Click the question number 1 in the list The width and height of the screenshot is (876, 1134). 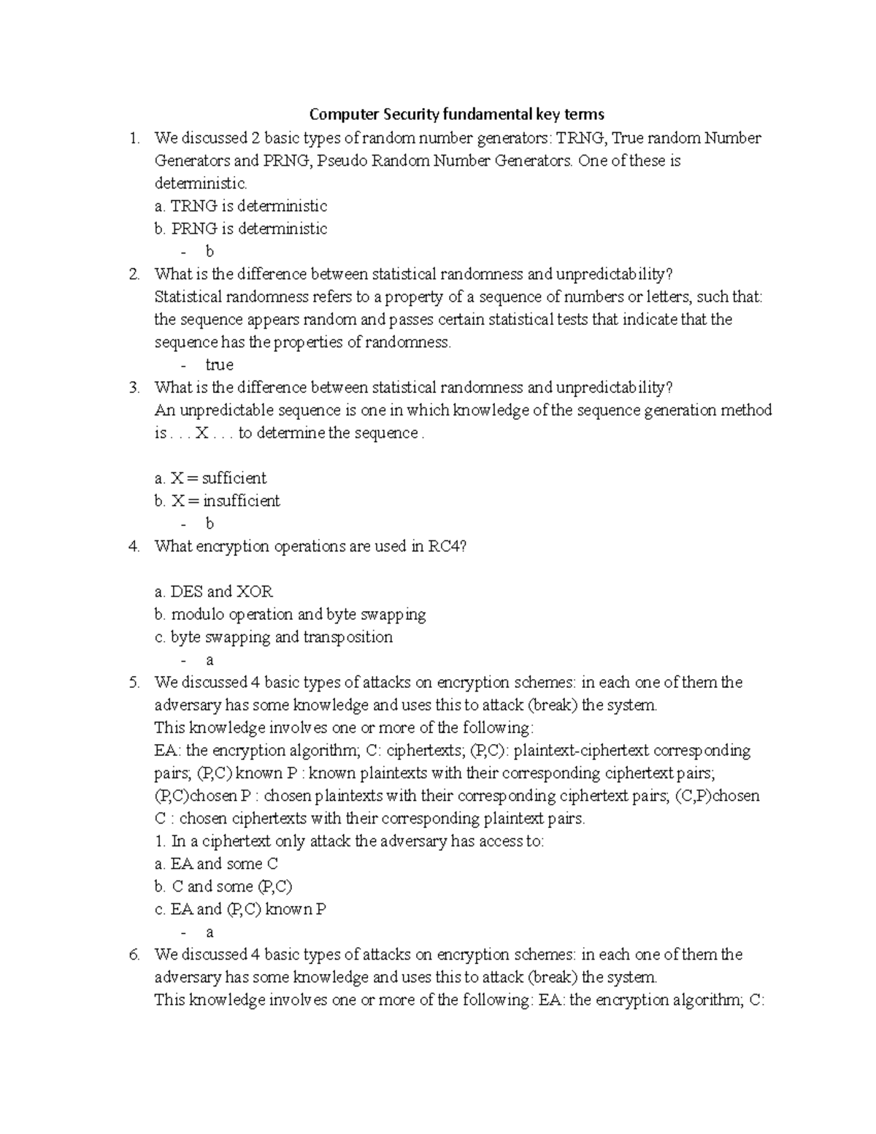[x=132, y=138]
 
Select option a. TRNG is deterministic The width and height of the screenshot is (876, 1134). [x=240, y=206]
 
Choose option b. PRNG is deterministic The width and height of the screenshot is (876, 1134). [x=240, y=229]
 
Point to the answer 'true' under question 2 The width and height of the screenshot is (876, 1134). [x=219, y=364]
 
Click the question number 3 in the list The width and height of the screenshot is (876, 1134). [x=133, y=388]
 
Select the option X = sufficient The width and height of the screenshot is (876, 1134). [x=210, y=478]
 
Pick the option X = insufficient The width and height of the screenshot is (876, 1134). [x=217, y=501]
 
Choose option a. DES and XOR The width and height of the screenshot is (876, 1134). [x=213, y=591]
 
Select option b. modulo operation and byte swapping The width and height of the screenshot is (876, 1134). [x=290, y=614]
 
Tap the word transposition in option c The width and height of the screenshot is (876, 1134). [x=348, y=637]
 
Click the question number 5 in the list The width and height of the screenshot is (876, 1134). [x=133, y=683]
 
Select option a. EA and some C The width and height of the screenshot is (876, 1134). [x=216, y=864]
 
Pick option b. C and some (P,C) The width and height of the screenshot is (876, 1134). [x=223, y=886]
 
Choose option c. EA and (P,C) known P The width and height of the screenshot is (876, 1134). [x=240, y=909]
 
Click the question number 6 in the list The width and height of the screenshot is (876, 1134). [x=133, y=954]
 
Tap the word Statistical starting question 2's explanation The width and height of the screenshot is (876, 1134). [x=188, y=296]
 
